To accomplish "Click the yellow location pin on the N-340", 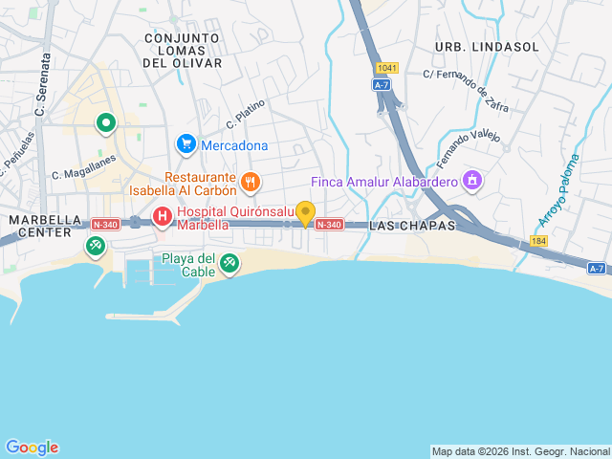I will click(305, 213).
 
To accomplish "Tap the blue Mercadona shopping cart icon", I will click(186, 144).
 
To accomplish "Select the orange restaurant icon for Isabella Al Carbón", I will click(250, 181).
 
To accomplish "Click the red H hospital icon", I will click(163, 217).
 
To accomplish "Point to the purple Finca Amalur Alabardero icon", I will click(471, 180).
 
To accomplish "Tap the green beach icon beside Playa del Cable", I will click(229, 262).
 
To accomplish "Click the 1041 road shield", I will click(386, 68).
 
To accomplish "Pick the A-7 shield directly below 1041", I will click(382, 85).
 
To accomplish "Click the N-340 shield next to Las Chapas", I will click(329, 225).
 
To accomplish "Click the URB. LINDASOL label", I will click(473, 47).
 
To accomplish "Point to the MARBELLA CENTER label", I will click(40, 226).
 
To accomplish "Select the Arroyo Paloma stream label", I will click(559, 190).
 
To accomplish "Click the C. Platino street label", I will click(246, 114).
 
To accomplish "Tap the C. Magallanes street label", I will click(83, 166).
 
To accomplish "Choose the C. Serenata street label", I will click(42, 85).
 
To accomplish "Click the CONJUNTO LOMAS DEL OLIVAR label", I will click(182, 51).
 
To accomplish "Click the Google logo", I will click(32, 448).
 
